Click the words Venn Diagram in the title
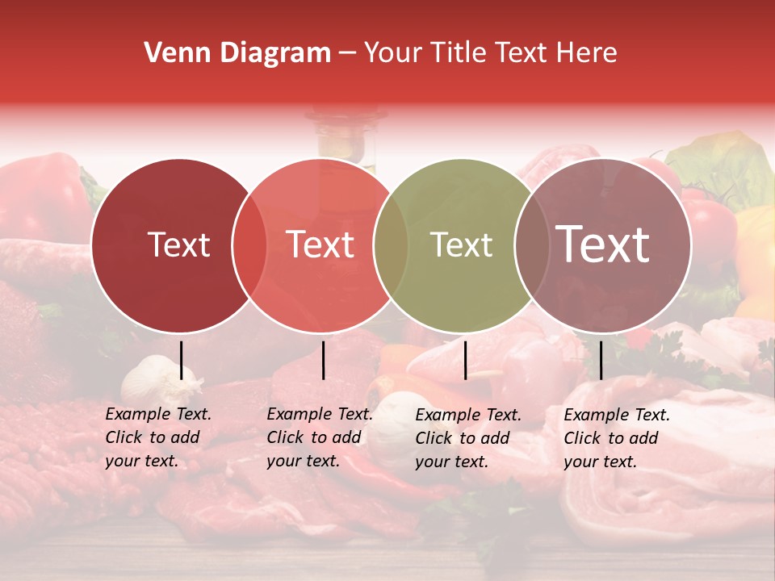[237, 53]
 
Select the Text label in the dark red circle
[178, 245]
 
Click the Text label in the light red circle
[320, 245]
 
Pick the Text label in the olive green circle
[461, 245]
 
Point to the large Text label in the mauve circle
[603, 244]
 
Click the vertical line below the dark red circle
[182, 360]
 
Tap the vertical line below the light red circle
[324, 360]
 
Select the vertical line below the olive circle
[466, 360]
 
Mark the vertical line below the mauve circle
[601, 360]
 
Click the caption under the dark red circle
[157, 437]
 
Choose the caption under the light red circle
[319, 437]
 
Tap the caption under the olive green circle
[467, 438]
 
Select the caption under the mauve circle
[616, 438]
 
